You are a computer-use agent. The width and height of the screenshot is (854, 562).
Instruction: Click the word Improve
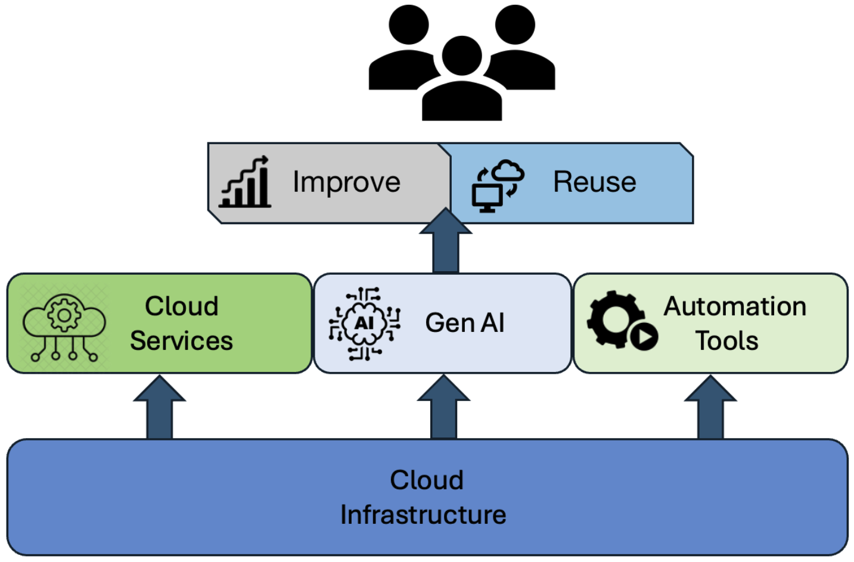(346, 182)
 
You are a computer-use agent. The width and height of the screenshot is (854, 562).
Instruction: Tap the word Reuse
(594, 182)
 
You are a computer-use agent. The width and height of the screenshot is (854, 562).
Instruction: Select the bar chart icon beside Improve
(245, 182)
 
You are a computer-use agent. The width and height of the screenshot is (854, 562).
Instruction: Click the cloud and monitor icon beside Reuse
(498, 185)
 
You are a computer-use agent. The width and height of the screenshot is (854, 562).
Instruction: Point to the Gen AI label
(464, 323)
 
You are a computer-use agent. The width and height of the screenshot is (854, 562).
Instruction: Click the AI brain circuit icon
(364, 324)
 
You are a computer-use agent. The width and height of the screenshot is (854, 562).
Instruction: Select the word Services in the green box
(181, 341)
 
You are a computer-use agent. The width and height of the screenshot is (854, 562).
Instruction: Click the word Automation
(735, 306)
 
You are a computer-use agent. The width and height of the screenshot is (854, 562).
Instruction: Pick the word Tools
(726, 341)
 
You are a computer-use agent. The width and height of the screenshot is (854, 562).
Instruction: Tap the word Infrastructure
(423, 515)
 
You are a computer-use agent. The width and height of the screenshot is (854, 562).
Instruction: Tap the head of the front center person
(462, 55)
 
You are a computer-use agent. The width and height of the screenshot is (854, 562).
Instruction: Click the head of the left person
(408, 24)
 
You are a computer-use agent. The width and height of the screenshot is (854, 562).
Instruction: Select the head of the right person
(515, 24)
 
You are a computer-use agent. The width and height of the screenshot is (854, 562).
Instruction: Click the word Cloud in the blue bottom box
(427, 480)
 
